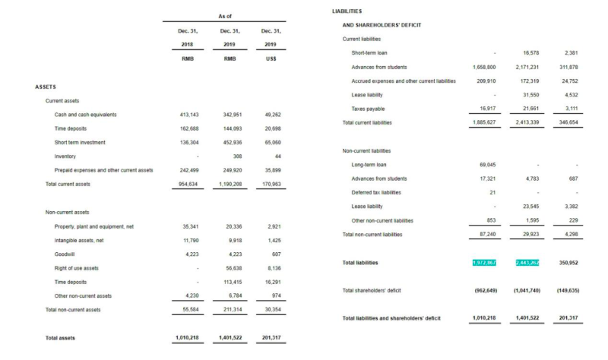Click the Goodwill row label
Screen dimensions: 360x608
pyautogui.click(x=65, y=254)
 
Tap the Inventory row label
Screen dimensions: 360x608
pyautogui.click(x=65, y=156)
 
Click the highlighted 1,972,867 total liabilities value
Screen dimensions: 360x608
pyautogui.click(x=484, y=263)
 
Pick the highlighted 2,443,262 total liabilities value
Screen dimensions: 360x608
pyautogui.click(x=527, y=263)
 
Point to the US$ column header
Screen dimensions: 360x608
pyautogui.click(x=271, y=58)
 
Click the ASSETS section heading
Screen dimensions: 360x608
pyautogui.click(x=46, y=87)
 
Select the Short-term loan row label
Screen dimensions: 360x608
pyautogui.click(x=369, y=53)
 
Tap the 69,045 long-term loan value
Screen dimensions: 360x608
pyautogui.click(x=487, y=165)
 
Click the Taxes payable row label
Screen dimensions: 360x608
pyautogui.click(x=368, y=109)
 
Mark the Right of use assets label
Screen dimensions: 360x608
pyautogui.click(x=77, y=268)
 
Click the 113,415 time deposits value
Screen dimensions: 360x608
pyautogui.click(x=229, y=282)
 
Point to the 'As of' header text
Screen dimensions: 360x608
pyautogui.click(x=225, y=16)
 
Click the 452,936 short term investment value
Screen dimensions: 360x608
pyautogui.click(x=229, y=143)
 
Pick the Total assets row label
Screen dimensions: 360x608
pyautogui.click(x=60, y=337)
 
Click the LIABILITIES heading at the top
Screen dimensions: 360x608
pyautogui.click(x=347, y=11)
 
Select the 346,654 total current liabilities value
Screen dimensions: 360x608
pyautogui.click(x=568, y=122)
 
